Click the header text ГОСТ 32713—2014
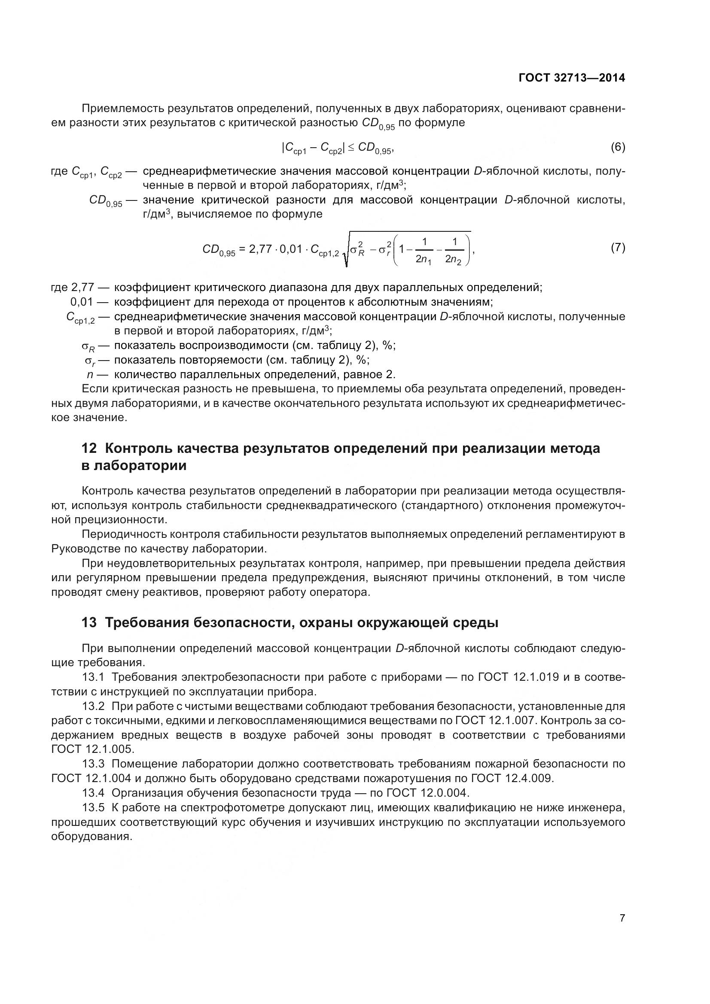[572, 78]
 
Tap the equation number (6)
[618, 147]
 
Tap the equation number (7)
[618, 248]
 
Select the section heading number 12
[89, 449]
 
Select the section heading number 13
[89, 623]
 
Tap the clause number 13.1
[93, 677]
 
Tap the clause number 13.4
[93, 793]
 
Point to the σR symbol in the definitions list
[88, 346]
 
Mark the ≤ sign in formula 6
[351, 148]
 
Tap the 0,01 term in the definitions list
[82, 302]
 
